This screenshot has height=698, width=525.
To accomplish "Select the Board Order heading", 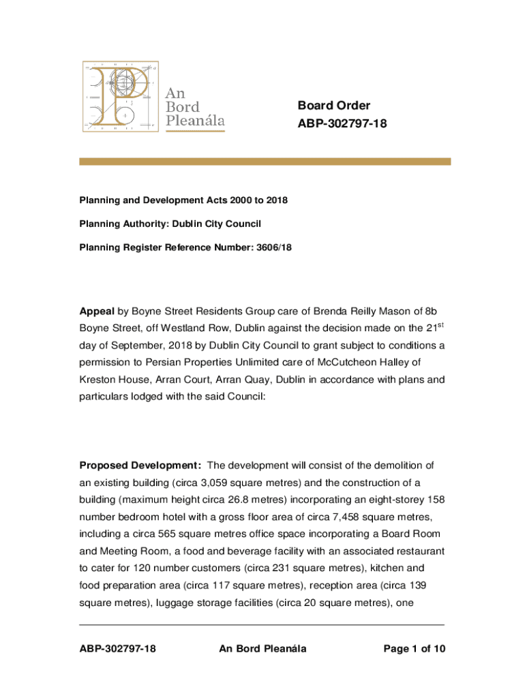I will click(333, 105).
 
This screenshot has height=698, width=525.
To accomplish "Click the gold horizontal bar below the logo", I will click(265, 162).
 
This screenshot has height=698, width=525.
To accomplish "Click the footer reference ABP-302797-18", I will click(118, 648).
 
